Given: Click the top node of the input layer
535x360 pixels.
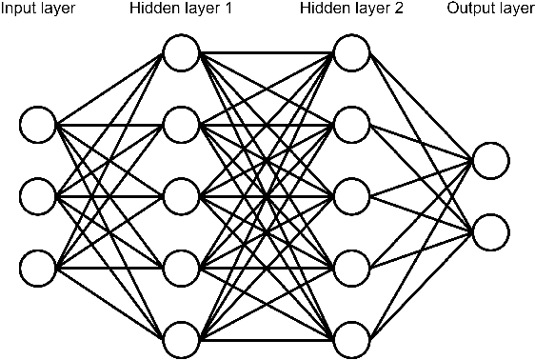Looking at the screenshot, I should click(x=39, y=124).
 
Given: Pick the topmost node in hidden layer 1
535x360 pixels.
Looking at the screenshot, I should click(x=180, y=53).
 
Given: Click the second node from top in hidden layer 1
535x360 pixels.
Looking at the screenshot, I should click(x=180, y=124).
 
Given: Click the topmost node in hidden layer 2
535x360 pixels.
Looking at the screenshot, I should click(x=351, y=53).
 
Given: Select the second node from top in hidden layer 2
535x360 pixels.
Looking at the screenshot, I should click(x=351, y=124).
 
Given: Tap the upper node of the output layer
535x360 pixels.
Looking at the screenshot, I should click(x=489, y=160).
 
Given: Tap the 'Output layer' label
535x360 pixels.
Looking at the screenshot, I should click(x=490, y=10).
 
